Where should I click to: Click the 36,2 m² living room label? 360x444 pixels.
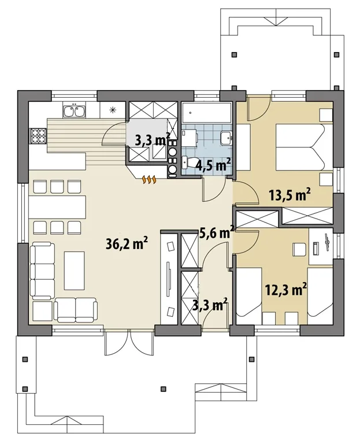127,244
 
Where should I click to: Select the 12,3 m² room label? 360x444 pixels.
286,290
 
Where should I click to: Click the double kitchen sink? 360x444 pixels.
74,111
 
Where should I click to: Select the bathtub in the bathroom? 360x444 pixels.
206,113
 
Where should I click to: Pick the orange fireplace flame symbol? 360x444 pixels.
149,180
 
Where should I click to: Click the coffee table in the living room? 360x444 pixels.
74,271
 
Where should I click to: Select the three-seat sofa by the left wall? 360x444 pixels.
43,271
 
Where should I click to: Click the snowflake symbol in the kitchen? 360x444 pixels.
113,110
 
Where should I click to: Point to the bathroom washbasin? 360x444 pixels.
226,138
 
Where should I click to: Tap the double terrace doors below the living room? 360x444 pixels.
129,343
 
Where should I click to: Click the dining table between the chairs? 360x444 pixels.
57,207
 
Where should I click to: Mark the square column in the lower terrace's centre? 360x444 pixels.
163,388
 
